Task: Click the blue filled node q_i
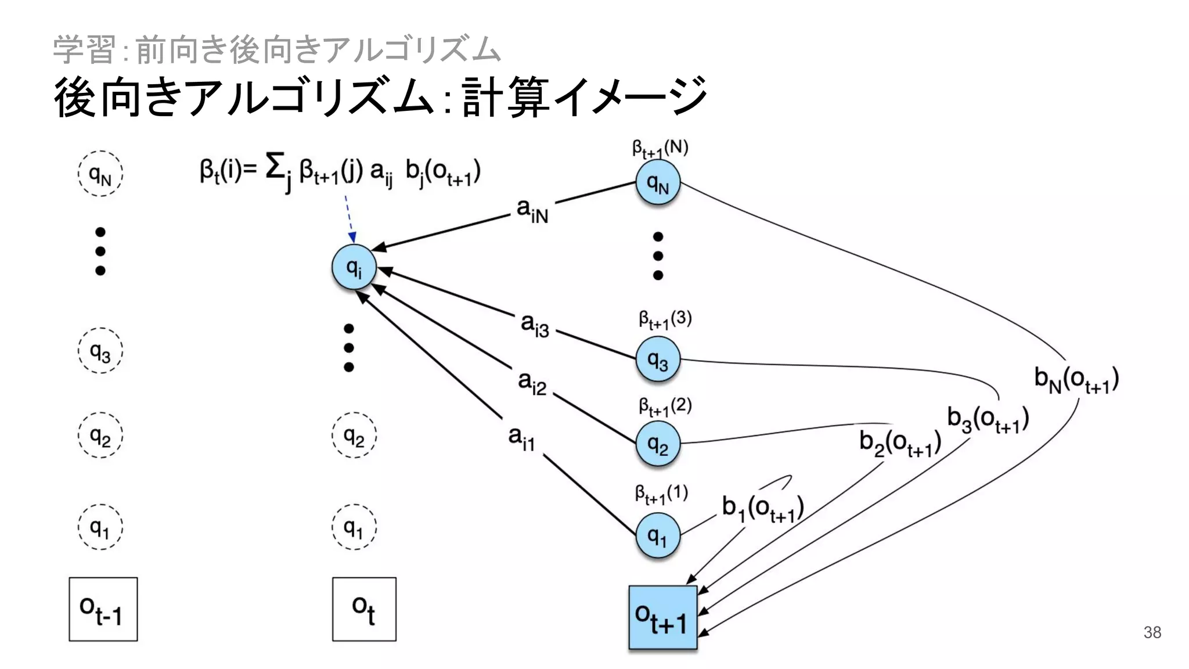(354, 268)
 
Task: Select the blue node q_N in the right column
(657, 183)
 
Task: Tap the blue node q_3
(657, 359)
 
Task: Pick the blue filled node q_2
(657, 444)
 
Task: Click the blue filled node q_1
(657, 535)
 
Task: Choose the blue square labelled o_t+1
(662, 617)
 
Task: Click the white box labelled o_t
(364, 609)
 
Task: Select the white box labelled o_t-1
(103, 609)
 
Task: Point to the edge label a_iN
(532, 210)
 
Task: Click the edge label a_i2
(532, 383)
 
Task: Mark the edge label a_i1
(521, 438)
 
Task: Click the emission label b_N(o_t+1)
(1076, 380)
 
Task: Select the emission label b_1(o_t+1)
(762, 509)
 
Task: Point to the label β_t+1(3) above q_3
(665, 319)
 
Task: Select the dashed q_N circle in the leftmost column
(100, 174)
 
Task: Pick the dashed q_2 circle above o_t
(354, 435)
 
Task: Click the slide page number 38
(1152, 632)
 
